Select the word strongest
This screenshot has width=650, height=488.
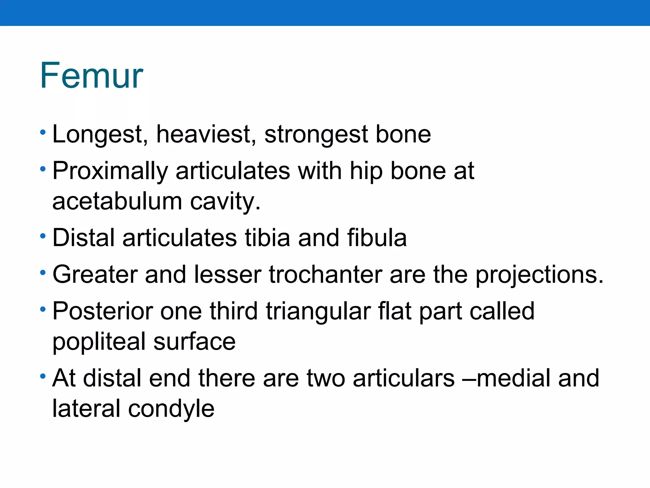coord(316,135)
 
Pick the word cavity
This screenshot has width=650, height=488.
coord(225,202)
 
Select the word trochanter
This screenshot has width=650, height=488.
coord(325,274)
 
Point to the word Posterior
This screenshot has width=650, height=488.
coord(103,311)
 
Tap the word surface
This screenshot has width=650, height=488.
coord(194,342)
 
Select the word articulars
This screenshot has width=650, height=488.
coord(403,378)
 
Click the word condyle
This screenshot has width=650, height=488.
coord(171,409)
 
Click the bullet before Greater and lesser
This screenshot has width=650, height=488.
coord(43,273)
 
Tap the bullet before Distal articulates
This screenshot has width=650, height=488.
coord(43,236)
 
